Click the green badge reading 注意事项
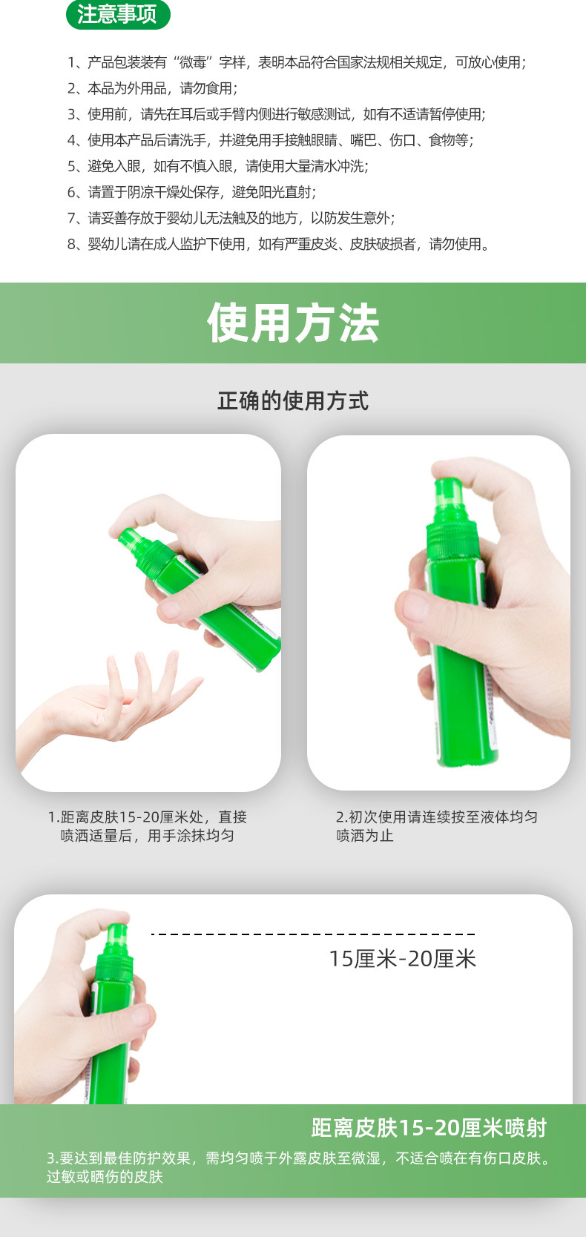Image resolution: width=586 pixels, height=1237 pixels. click(117, 14)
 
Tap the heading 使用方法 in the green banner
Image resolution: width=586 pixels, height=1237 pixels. click(293, 323)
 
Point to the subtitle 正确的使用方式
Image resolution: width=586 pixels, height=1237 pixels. click(293, 401)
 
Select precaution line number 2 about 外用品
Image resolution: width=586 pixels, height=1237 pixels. click(152, 88)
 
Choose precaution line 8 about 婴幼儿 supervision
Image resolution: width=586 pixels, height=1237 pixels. click(278, 244)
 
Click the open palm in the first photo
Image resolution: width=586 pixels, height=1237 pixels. click(111, 705)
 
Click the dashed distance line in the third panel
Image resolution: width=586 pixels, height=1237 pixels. click(313, 934)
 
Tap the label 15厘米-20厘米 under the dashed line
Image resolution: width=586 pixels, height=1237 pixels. click(402, 959)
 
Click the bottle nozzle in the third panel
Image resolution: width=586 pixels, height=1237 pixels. click(116, 934)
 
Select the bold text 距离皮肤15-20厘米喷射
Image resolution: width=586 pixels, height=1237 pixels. click(429, 1128)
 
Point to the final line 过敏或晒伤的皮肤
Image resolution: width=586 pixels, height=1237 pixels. click(105, 1177)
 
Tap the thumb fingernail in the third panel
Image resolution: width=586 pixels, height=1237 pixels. click(139, 1015)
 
